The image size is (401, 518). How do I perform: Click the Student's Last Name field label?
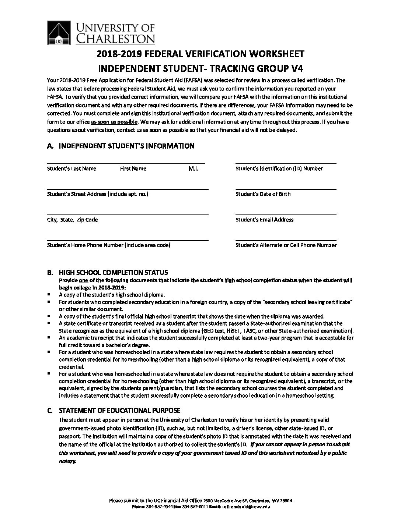coord(72,168)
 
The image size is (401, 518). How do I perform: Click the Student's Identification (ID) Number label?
coord(279,168)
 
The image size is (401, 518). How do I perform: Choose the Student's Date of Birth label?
coord(263,194)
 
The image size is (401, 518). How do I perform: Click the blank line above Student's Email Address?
coord(286,214)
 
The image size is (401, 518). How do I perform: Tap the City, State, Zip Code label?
coord(72,220)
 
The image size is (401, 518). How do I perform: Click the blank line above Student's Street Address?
coord(128,189)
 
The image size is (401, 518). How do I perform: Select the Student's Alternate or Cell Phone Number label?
coord(286,245)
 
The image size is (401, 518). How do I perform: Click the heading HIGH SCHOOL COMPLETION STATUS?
coord(113,273)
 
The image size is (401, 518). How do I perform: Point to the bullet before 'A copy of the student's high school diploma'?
coord(49,295)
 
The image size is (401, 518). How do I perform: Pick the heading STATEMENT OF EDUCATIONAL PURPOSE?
coord(119,411)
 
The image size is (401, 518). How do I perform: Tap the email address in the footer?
coord(245,507)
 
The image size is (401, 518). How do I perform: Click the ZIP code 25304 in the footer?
coord(286,501)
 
